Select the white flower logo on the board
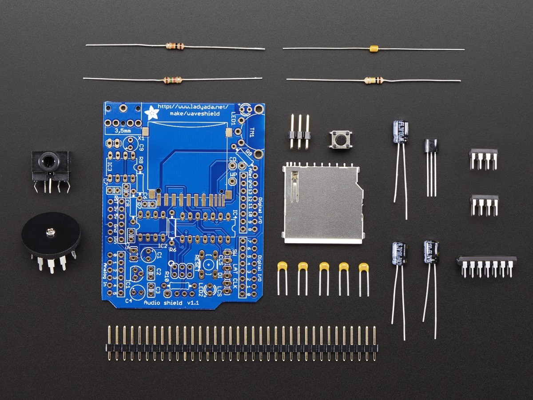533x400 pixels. [x=152, y=112]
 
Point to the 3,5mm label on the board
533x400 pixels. [x=123, y=131]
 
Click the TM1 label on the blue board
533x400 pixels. [x=252, y=132]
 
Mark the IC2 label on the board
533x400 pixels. [x=163, y=245]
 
